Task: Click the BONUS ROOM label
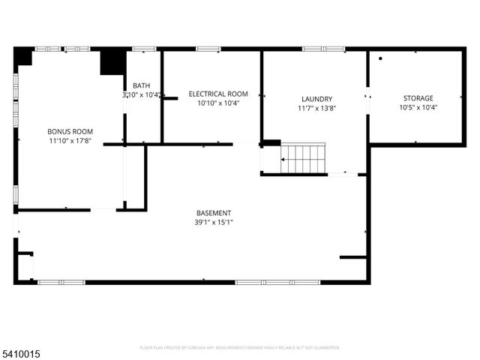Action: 70,131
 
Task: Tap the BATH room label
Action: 141,85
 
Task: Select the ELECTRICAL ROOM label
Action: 218,94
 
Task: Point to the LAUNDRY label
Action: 316,99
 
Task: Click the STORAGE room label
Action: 419,98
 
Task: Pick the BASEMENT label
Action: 214,213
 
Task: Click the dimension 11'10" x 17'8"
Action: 70,140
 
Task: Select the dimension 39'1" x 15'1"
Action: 214,222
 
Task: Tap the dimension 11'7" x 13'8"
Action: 316,108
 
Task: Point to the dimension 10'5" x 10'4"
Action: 419,107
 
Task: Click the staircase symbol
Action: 304,158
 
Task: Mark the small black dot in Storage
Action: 381,58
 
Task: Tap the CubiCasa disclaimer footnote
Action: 240,348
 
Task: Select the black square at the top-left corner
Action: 23,56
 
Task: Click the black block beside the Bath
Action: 113,62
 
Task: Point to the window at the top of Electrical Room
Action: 208,49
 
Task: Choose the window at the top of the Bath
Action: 144,49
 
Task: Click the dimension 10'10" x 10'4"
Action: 218,103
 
